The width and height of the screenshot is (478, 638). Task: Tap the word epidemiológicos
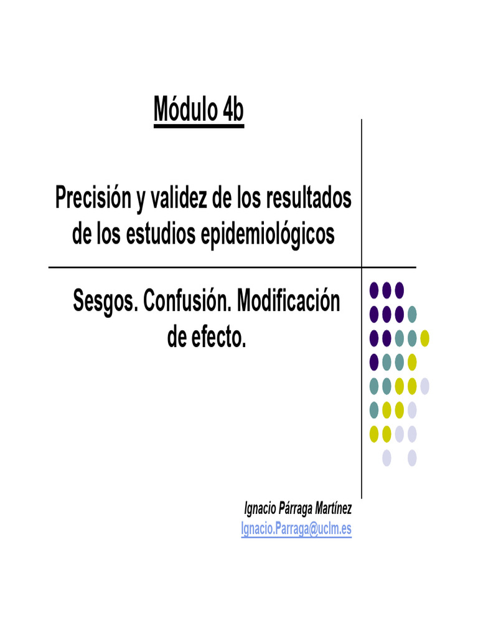click(268, 234)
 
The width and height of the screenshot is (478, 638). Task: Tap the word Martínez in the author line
click(334, 509)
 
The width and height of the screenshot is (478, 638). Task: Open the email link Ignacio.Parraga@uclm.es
click(296, 529)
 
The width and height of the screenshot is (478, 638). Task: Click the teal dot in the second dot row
click(411, 313)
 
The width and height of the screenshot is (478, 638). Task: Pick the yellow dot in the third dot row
click(424, 338)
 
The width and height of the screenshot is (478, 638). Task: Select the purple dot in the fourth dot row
click(374, 362)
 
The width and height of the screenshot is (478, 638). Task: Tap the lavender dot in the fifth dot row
click(424, 386)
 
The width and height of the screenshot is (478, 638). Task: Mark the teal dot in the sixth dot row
click(374, 410)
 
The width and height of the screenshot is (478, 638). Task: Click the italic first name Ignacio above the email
click(260, 509)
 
